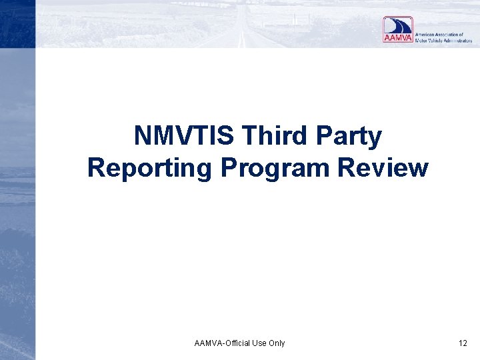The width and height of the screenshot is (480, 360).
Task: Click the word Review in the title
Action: (383, 167)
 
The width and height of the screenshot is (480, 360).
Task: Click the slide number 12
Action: (463, 343)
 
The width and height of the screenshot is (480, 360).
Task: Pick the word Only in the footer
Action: (277, 343)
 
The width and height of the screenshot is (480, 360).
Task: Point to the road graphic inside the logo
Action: (399, 26)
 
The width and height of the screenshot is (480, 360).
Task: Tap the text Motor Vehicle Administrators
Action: (443, 41)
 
